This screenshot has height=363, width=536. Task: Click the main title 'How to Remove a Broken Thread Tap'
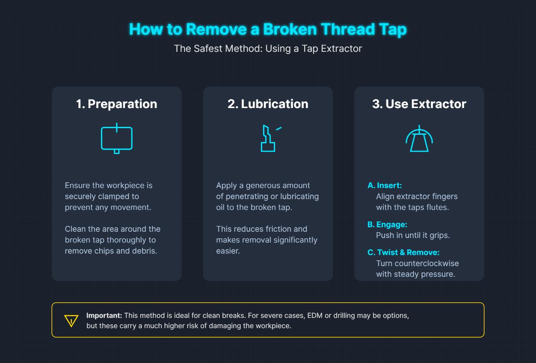268,29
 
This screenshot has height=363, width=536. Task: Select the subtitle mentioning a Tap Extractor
268,48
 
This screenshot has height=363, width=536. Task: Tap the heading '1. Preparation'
117,104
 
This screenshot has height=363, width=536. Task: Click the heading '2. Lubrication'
268,104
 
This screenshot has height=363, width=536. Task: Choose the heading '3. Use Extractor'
419,104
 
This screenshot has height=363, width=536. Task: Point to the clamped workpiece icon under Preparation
117,138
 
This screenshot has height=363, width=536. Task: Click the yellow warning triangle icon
71,321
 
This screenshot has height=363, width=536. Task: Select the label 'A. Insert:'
385,185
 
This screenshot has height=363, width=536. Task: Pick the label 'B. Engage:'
387,225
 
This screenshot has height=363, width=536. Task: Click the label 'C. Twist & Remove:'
403,253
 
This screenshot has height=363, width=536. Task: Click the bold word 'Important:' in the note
104,315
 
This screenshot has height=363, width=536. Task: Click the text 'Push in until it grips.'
413,235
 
